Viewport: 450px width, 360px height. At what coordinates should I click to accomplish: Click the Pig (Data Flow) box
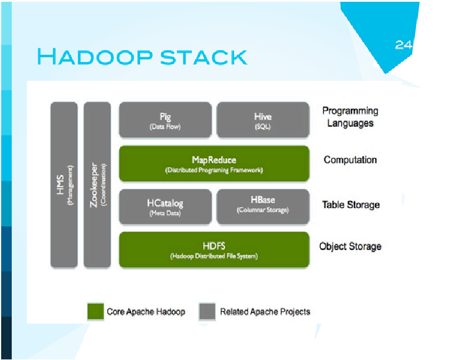(165, 120)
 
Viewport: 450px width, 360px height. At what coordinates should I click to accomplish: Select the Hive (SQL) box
(263, 120)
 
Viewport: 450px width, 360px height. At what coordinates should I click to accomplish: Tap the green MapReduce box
(214, 164)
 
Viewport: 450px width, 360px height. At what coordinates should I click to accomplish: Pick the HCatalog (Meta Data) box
(165, 206)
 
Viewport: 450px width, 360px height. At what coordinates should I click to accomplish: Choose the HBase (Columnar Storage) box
(263, 206)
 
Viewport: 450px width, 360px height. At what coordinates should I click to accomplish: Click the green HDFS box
(214, 250)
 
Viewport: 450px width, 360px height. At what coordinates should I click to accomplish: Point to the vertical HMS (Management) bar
(64, 185)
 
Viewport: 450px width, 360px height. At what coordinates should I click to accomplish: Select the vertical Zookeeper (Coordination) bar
(97, 185)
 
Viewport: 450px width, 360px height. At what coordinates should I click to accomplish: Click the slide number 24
(404, 45)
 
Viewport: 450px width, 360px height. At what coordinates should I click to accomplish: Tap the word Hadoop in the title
(95, 56)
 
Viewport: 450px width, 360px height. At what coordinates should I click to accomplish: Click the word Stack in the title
(203, 57)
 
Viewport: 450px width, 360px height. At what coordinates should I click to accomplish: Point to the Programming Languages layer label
(350, 117)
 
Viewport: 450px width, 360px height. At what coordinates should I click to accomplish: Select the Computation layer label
(350, 159)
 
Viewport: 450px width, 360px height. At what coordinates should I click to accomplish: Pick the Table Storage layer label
(351, 205)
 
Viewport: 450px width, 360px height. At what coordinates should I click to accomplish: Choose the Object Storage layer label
(350, 247)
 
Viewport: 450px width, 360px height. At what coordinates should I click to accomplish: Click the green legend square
(96, 311)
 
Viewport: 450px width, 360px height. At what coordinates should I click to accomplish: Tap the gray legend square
(207, 311)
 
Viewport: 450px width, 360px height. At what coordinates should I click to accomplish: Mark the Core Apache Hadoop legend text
(146, 312)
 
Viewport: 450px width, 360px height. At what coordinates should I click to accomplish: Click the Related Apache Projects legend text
(265, 312)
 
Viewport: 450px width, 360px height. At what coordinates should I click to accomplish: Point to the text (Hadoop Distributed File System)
(214, 256)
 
